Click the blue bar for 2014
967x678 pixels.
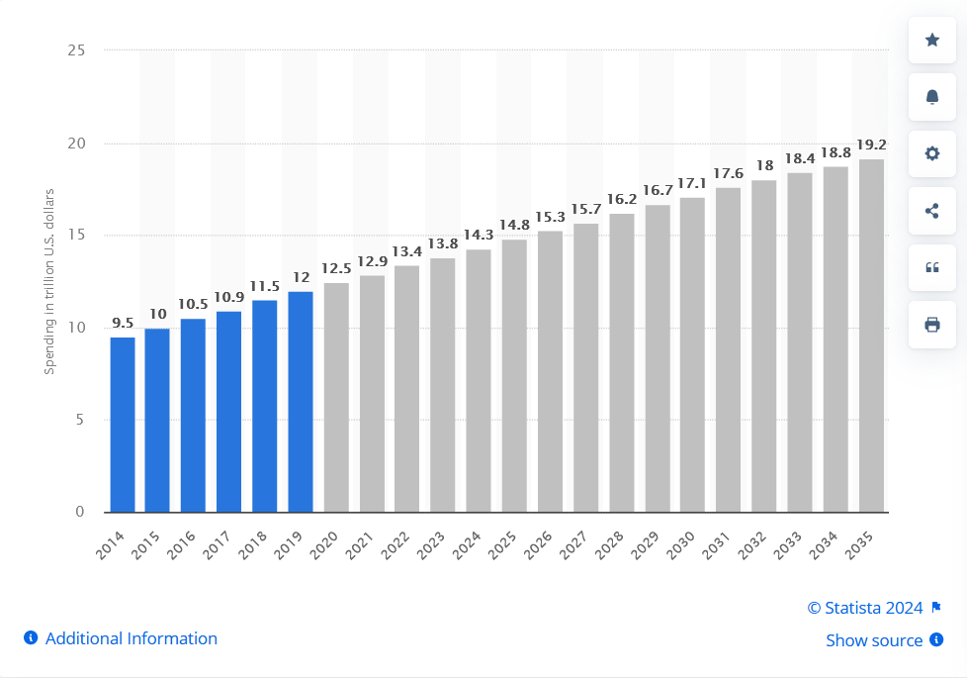click(x=122, y=425)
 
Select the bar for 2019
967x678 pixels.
click(x=301, y=402)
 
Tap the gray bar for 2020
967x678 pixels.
click(x=336, y=397)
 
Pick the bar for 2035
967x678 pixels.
click(x=871, y=336)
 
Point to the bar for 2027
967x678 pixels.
click(x=585, y=367)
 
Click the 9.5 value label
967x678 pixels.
click(x=122, y=323)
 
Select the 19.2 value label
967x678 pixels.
click(x=871, y=145)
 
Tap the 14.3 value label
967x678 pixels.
click(x=479, y=235)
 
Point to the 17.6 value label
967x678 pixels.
click(x=728, y=173)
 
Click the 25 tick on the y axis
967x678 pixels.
click(x=76, y=50)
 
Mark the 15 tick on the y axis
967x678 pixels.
click(x=76, y=236)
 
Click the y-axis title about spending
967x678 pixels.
click(x=48, y=280)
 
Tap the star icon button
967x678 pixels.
click(x=931, y=40)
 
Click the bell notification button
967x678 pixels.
click(x=931, y=96)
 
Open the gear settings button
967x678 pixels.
click(x=931, y=153)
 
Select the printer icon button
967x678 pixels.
click(x=931, y=325)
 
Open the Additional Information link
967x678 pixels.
click(x=131, y=638)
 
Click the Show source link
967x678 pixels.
click(x=874, y=640)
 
